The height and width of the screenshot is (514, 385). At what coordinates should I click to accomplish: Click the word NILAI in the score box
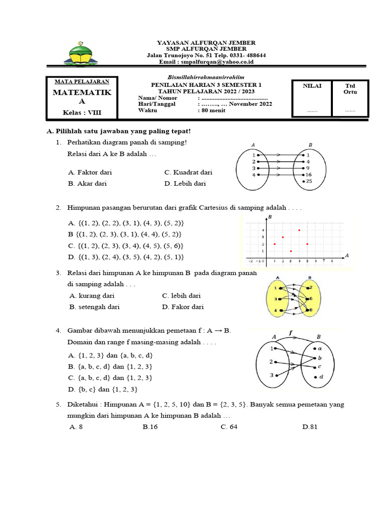pyautogui.click(x=312, y=86)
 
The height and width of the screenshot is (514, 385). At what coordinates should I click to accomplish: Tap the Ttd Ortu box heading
pyautogui.click(x=350, y=89)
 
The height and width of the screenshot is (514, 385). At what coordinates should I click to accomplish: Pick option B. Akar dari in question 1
pyautogui.click(x=87, y=183)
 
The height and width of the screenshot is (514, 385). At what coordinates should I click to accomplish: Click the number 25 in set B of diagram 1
pyautogui.click(x=309, y=181)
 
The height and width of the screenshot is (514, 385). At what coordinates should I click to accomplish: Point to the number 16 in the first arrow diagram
pyautogui.click(x=309, y=174)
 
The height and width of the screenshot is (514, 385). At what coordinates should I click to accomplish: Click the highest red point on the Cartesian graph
pyautogui.click(x=299, y=230)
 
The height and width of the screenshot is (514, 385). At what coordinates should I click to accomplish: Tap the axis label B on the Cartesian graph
pyautogui.click(x=270, y=217)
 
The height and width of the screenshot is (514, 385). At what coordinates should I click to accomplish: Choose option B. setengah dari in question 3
pyautogui.click(x=95, y=307)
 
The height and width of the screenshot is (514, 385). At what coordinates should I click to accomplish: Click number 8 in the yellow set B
pyautogui.click(x=311, y=311)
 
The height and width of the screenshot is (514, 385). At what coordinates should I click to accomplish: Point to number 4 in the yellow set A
pyautogui.click(x=276, y=311)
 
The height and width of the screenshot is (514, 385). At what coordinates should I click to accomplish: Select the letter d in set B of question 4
pyautogui.click(x=321, y=376)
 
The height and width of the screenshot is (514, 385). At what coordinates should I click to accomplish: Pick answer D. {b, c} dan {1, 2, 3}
pyautogui.click(x=103, y=389)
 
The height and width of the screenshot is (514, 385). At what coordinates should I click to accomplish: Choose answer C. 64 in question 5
pyautogui.click(x=229, y=427)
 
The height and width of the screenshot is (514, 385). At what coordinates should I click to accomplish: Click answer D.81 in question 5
pyautogui.click(x=310, y=427)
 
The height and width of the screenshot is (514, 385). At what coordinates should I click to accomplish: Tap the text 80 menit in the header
pyautogui.click(x=213, y=110)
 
